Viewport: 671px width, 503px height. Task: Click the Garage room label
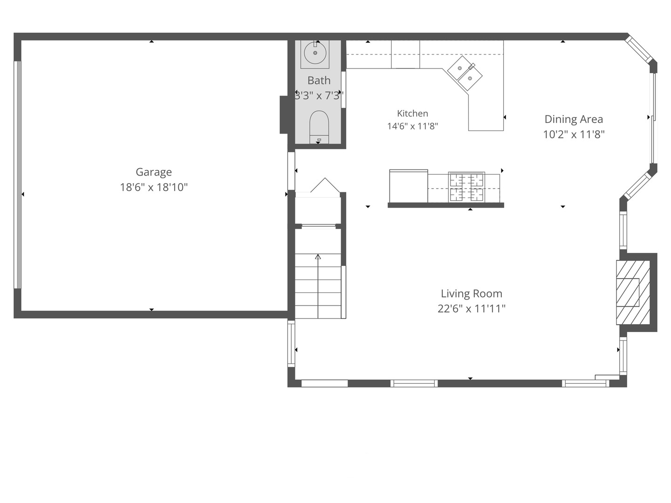(153, 172)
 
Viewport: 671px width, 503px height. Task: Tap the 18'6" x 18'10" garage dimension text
(153, 187)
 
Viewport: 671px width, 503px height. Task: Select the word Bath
(319, 80)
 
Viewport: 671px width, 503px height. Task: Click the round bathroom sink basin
(315, 53)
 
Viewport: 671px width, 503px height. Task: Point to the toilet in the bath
(319, 127)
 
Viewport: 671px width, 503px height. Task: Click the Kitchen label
(412, 113)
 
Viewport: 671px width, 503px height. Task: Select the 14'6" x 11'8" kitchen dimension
(412, 126)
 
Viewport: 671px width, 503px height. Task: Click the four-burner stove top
(466, 187)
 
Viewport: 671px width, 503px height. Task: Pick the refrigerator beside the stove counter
(408, 186)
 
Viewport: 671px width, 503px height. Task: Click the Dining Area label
(574, 119)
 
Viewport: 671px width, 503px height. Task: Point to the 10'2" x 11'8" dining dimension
(574, 135)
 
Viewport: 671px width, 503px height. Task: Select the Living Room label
(472, 293)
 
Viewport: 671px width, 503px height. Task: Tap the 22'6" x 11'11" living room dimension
(472, 309)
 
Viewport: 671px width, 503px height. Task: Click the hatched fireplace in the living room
(633, 292)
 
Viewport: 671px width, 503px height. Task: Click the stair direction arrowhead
(318, 257)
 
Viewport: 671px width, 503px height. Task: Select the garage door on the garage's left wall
(18, 175)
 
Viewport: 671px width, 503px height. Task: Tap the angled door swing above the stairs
(325, 185)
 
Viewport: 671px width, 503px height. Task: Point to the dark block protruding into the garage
(284, 115)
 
